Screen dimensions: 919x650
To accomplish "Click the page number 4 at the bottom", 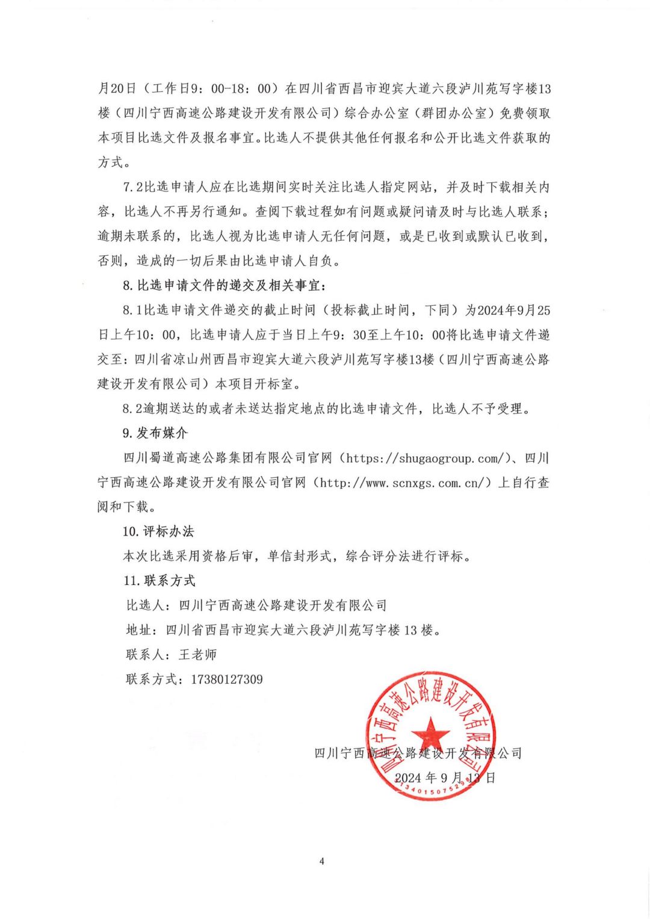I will pos(321,861).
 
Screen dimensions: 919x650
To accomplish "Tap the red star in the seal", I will pos(430,734).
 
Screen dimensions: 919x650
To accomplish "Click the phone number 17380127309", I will pos(227,679).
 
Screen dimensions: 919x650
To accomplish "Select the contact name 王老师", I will pos(197,655).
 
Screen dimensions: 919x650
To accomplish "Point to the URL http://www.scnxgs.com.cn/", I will pos(406,483).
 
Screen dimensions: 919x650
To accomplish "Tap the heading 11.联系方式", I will pos(159,581).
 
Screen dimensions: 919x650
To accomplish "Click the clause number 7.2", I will pos(133,187).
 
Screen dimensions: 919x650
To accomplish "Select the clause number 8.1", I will pos(133,310).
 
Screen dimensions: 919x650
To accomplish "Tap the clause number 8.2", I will pos(133,409).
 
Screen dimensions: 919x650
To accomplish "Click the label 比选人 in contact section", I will pos(144,605).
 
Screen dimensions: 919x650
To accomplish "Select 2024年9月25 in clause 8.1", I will pos(513,310).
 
